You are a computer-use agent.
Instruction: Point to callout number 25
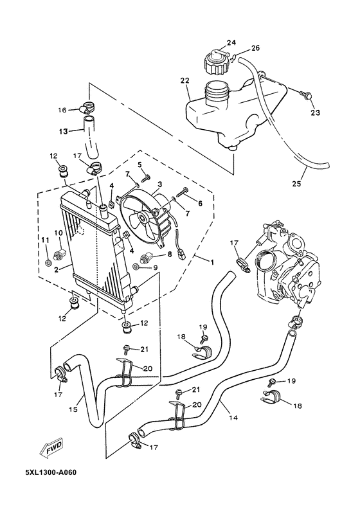[x=296, y=184]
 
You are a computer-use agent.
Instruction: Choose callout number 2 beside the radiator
[x=58, y=271]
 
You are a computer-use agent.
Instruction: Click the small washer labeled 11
[x=49, y=262]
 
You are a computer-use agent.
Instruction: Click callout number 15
[x=73, y=409]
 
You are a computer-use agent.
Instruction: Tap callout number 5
[x=138, y=164]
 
